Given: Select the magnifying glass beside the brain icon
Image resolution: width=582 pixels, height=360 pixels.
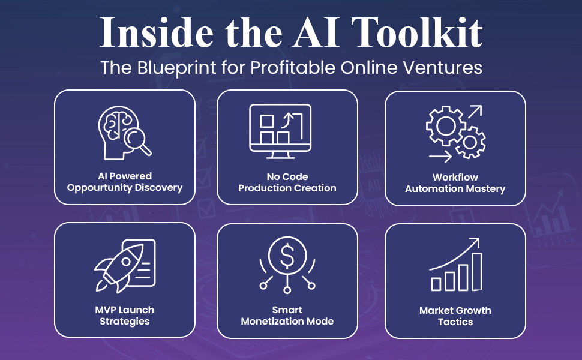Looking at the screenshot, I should [x=140, y=142].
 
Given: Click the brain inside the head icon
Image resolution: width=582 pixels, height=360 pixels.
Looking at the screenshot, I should [x=118, y=124].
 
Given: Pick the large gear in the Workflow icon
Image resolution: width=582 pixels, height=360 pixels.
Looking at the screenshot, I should [x=445, y=127].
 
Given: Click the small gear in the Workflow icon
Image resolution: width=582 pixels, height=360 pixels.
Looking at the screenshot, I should [x=470, y=143].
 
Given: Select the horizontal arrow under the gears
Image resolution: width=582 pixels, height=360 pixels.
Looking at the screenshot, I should [x=440, y=157].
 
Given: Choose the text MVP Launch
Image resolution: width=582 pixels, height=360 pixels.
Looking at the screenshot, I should [x=125, y=310].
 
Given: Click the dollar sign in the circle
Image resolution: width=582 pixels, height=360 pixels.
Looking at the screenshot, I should [x=287, y=256].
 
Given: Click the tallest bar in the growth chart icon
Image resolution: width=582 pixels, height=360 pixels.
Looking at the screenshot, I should [x=476, y=271].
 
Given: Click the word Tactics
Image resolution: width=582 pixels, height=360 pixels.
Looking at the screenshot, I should [x=455, y=322].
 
